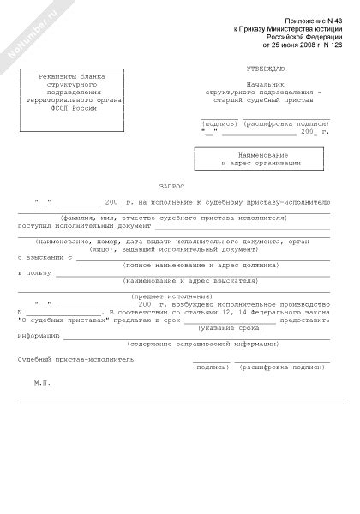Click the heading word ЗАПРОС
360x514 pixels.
171,185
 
